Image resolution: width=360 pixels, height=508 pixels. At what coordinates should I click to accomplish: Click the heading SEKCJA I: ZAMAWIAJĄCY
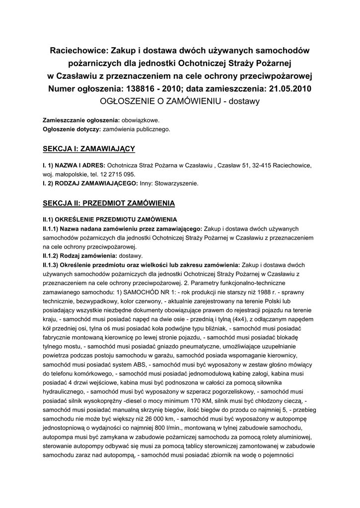click(x=89, y=148)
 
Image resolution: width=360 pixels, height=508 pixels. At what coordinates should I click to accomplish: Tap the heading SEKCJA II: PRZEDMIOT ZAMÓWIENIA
click(x=109, y=203)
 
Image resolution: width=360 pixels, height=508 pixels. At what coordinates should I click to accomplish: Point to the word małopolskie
click(x=72, y=174)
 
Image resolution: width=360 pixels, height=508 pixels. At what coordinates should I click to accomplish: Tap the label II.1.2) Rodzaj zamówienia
click(x=79, y=255)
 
